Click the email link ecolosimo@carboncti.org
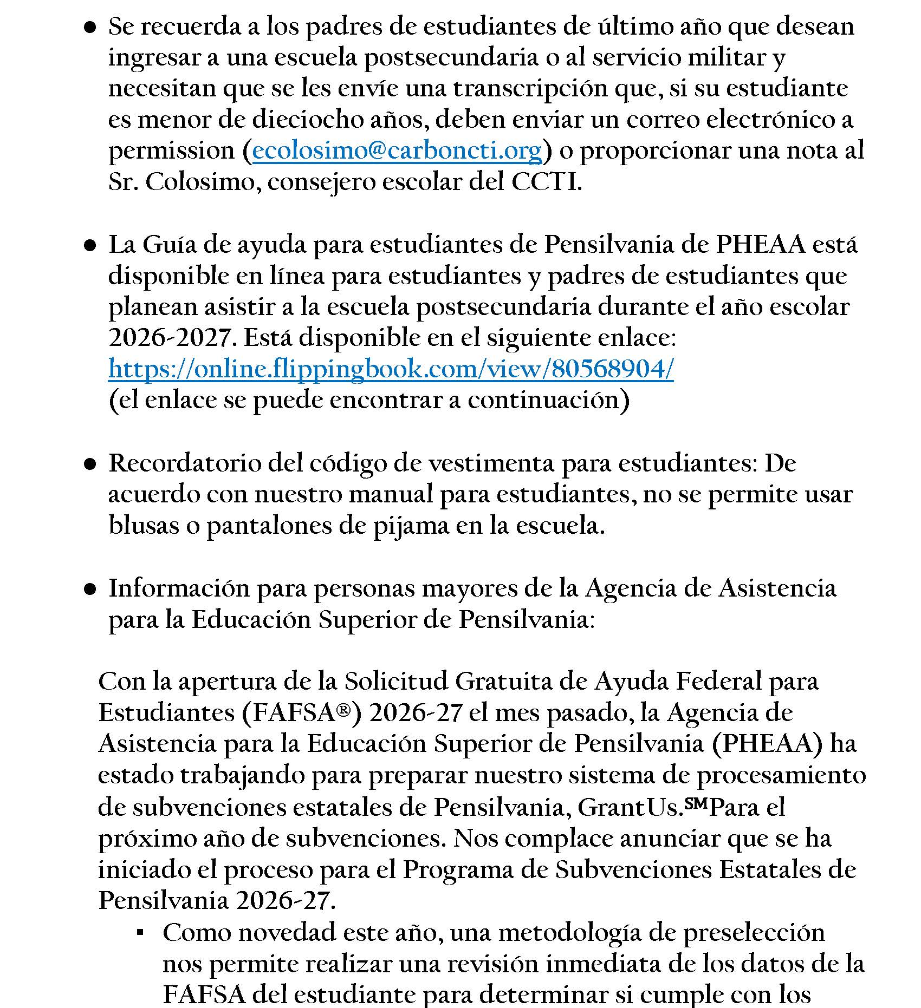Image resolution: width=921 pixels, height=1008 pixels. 397,151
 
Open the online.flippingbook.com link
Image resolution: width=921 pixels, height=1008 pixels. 391,370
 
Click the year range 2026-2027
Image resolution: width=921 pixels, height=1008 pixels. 170,338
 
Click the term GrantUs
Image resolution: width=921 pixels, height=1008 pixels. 628,808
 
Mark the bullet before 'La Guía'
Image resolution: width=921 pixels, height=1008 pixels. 90,246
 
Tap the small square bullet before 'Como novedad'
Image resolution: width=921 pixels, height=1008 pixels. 140,933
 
